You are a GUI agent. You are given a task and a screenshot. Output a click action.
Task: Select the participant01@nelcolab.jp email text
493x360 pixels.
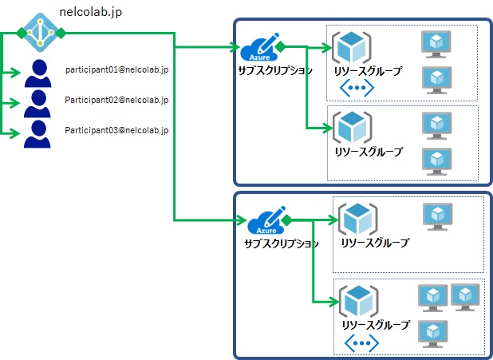pyautogui.click(x=117, y=70)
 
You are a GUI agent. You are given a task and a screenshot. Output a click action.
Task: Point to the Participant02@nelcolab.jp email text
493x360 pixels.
pyautogui.click(x=116, y=100)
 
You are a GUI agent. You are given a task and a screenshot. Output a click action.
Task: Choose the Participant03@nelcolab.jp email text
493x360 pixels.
pyautogui.click(x=116, y=129)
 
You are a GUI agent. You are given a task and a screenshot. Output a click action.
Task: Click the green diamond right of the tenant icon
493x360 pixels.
pyautogui.click(x=61, y=33)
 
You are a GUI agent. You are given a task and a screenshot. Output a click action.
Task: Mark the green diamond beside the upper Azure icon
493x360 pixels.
pyautogui.click(x=280, y=47)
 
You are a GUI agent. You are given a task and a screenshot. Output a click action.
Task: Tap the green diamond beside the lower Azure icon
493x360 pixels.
pyautogui.click(x=286, y=219)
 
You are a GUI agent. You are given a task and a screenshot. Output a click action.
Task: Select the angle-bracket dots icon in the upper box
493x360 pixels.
pyautogui.click(x=356, y=89)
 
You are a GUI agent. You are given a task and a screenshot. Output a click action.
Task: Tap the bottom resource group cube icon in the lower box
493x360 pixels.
pyautogui.click(x=357, y=302)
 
